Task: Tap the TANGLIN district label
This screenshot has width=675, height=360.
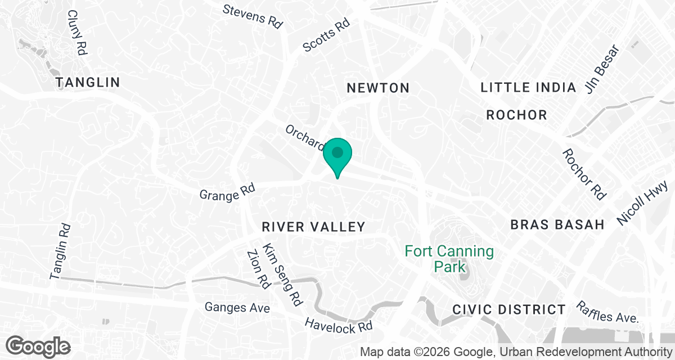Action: pyautogui.click(x=88, y=83)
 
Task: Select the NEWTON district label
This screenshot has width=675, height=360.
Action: pyautogui.click(x=377, y=88)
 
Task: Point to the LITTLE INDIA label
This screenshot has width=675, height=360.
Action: pyautogui.click(x=528, y=87)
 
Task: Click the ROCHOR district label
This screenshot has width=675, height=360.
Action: pyautogui.click(x=516, y=115)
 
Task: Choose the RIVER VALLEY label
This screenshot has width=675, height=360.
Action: pyautogui.click(x=314, y=227)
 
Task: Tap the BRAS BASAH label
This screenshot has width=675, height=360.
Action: pyautogui.click(x=557, y=224)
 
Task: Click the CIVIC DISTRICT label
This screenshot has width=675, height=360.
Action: pyautogui.click(x=509, y=309)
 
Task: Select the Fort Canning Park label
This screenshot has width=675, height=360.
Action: pyautogui.click(x=449, y=258)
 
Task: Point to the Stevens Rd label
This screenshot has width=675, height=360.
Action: pyautogui.click(x=252, y=16)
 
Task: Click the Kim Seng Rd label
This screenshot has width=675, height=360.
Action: pyautogui.click(x=282, y=276)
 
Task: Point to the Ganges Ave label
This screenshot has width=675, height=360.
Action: pyautogui.click(x=237, y=308)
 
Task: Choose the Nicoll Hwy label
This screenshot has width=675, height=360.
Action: pyautogui.click(x=641, y=203)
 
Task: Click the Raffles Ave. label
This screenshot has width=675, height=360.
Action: pyautogui.click(x=607, y=312)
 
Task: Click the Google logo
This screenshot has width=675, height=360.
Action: pyautogui.click(x=38, y=345)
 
